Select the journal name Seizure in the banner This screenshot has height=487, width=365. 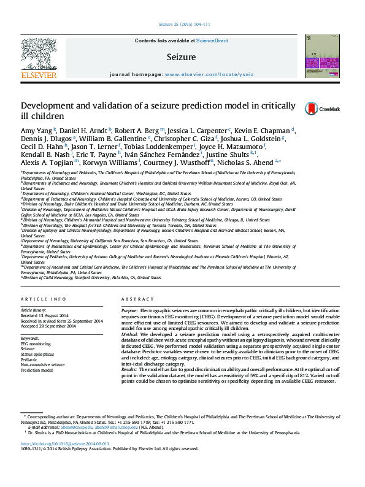pos(180,57)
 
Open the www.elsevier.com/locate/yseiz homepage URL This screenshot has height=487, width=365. pos(209,74)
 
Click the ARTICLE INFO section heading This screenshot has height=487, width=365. pos(44,299)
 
